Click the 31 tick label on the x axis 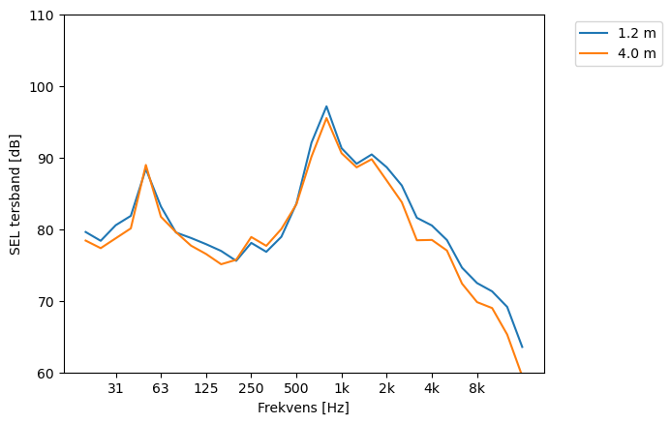tap(115, 389)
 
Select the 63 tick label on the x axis tap(161, 389)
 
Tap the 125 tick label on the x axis tap(205, 389)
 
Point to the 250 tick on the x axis tap(251, 389)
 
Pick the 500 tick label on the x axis tap(296, 389)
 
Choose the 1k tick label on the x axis tap(341, 389)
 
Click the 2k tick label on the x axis tap(386, 389)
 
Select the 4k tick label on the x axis tap(432, 389)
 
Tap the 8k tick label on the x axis tap(476, 389)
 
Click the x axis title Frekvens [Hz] tap(303, 409)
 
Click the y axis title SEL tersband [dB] tap(15, 194)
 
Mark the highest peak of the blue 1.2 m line tap(326, 106)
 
